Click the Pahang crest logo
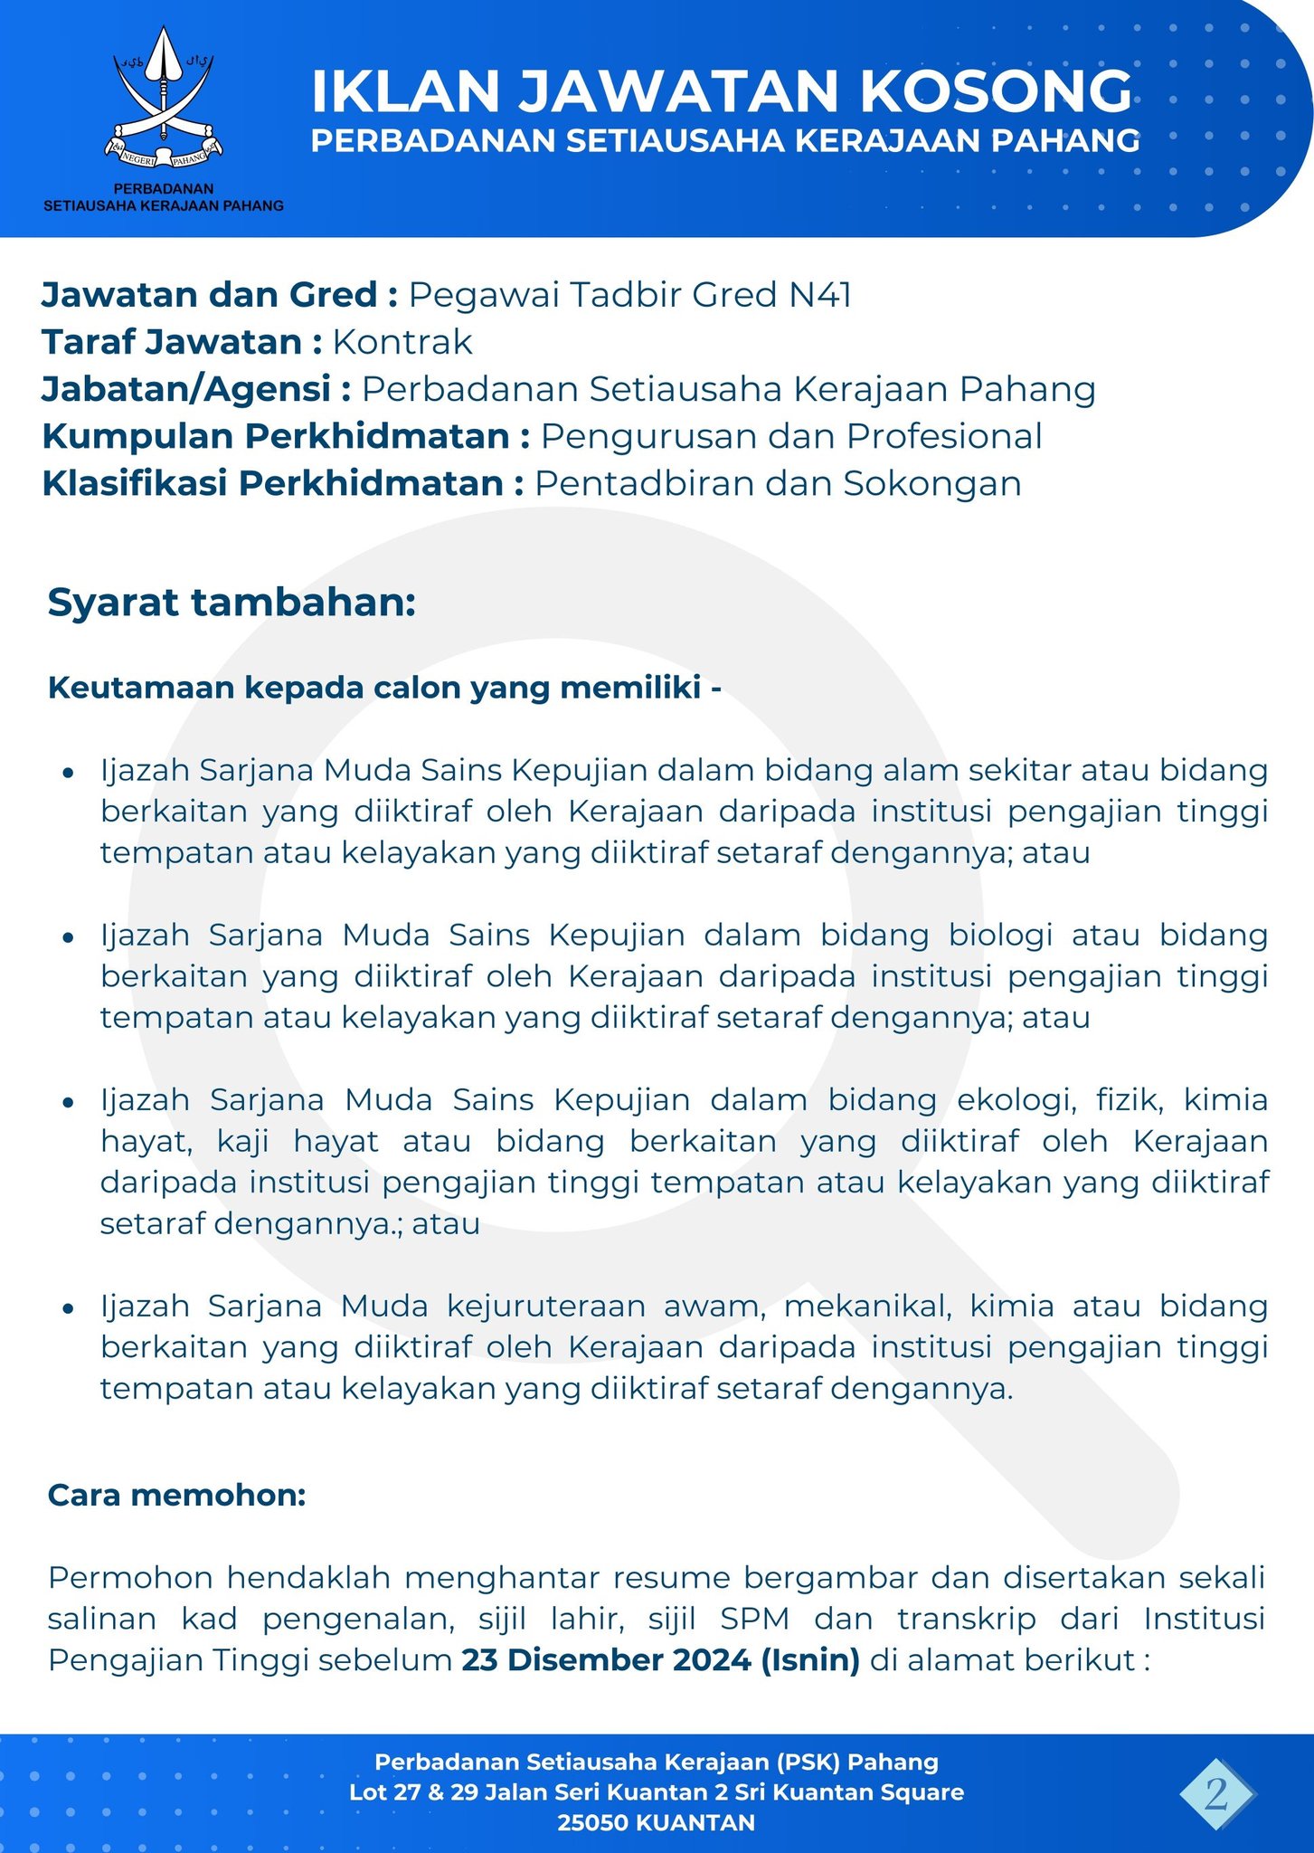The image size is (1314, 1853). pyautogui.click(x=163, y=100)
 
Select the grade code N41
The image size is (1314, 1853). pyautogui.click(x=819, y=295)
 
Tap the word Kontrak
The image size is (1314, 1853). pyautogui.click(x=402, y=342)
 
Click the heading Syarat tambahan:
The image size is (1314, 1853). pyautogui.click(x=232, y=603)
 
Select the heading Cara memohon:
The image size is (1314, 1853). pyautogui.click(x=177, y=1495)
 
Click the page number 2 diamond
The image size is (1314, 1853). pyautogui.click(x=1216, y=1793)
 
